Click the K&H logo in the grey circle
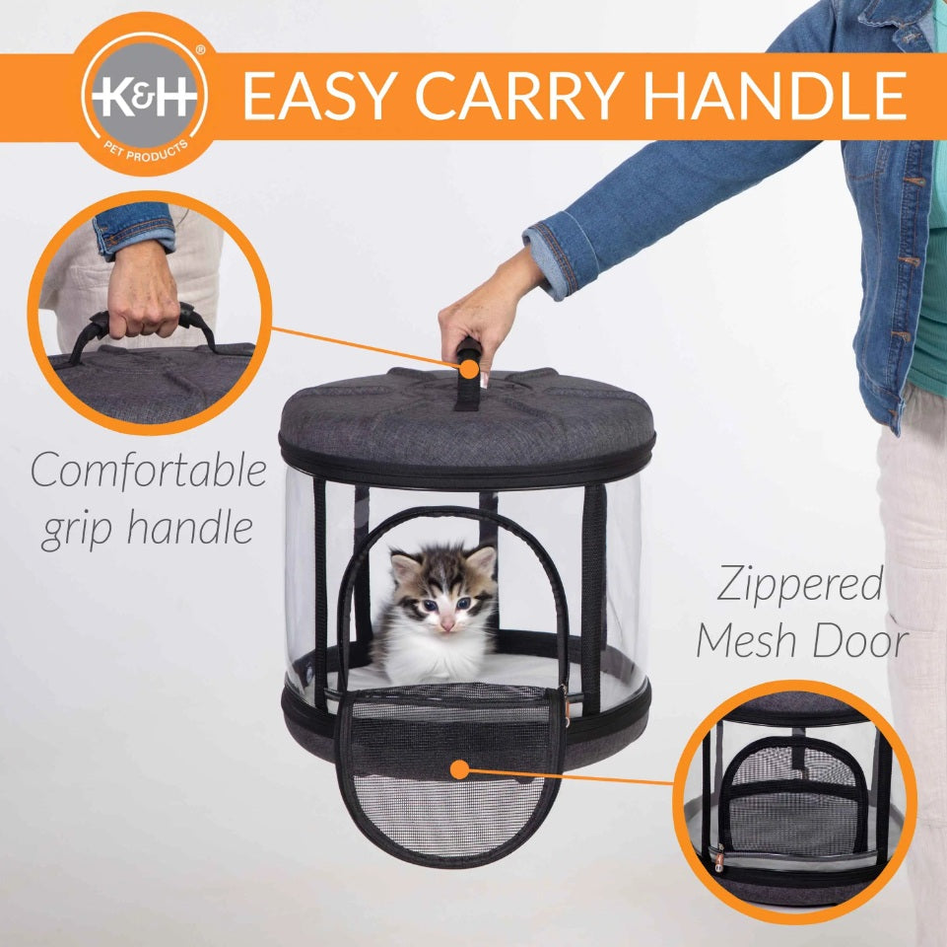point(144,96)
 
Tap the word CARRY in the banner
point(520,96)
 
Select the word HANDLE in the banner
point(775,96)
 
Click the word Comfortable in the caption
point(149,470)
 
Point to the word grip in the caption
point(77,530)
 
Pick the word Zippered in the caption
point(799,584)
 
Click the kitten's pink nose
point(447,623)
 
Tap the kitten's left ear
point(404,566)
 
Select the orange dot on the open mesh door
point(460,769)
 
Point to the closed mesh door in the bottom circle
point(793,798)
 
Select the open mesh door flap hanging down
point(448,780)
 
